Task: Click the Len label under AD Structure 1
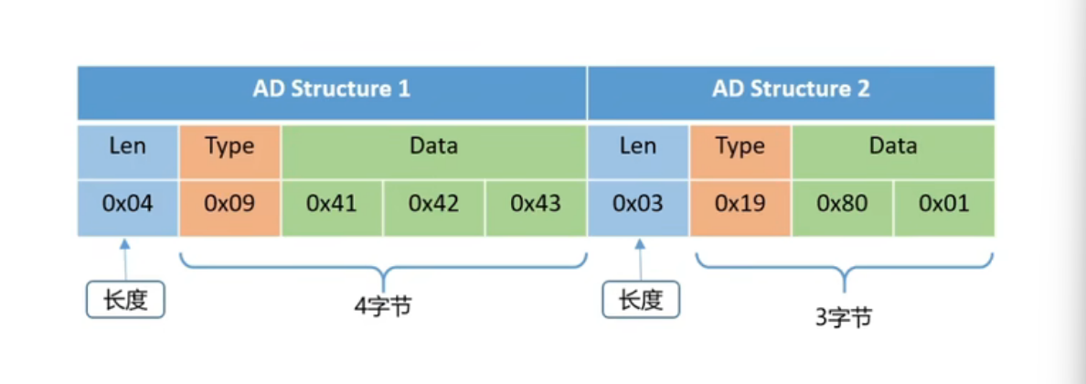point(128,146)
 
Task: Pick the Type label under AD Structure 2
point(740,147)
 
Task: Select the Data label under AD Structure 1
point(433,146)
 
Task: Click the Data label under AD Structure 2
point(893,146)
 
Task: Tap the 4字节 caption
point(382,305)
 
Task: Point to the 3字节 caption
point(844,317)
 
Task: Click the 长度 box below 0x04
point(125,300)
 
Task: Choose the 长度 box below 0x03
point(641,300)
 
